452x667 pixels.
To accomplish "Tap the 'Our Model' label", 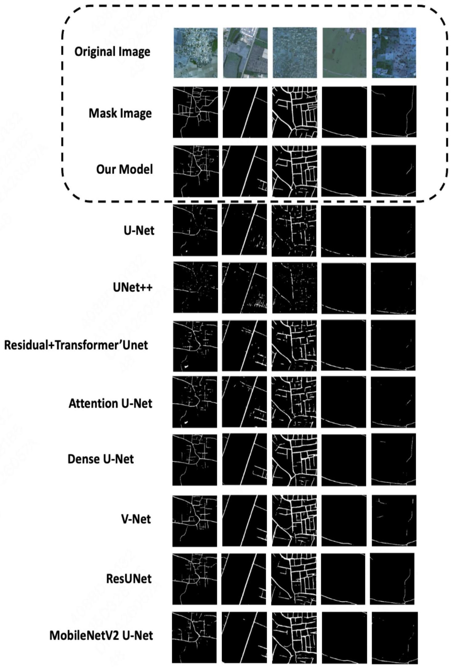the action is click(124, 169).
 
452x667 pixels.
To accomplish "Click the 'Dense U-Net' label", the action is click(100, 459).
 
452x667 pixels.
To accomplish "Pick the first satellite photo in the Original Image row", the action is click(195, 53).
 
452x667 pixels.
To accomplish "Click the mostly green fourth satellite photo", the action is click(344, 53).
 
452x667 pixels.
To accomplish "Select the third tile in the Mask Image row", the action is click(295, 112).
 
